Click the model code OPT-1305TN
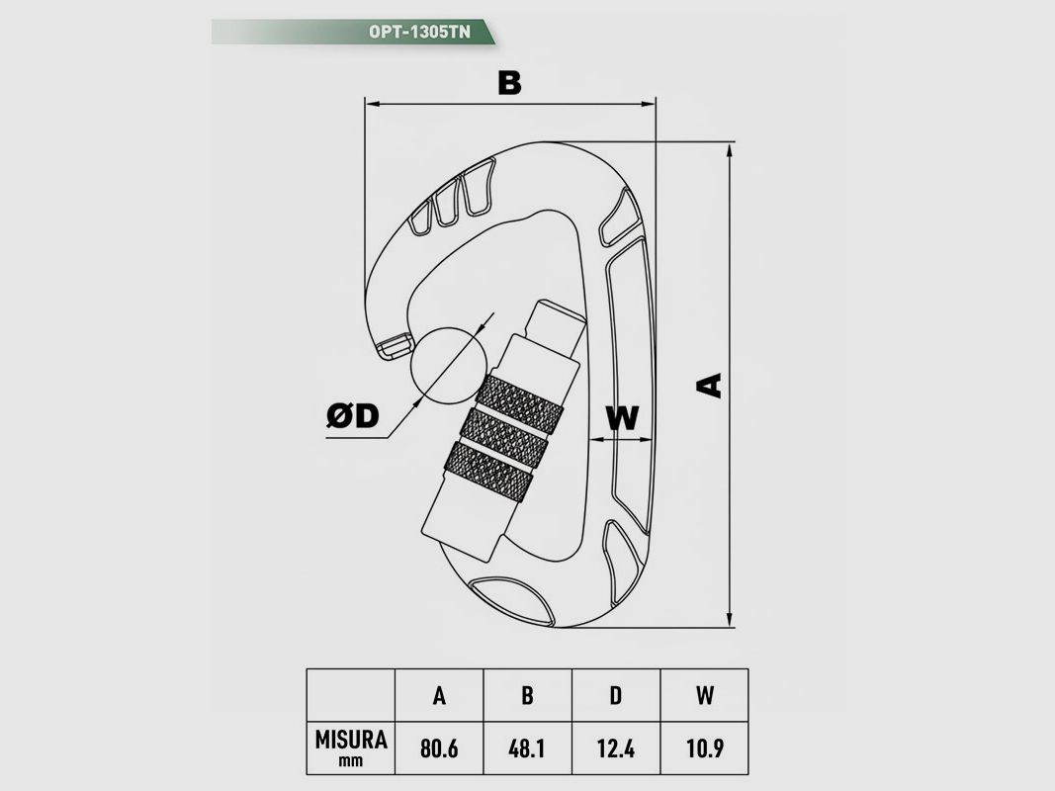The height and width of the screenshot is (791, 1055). pos(419,32)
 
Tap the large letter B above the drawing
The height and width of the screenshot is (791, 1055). pos(509,83)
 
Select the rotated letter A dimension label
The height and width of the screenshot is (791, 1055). pos(709,386)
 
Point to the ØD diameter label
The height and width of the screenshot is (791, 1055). pos(353,415)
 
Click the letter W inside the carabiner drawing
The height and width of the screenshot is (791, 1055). pos(622,417)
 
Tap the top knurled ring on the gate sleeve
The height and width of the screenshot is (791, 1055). pos(521,403)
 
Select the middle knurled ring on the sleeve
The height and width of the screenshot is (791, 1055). pos(504,436)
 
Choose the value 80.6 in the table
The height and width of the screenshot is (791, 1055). pos(439,747)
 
